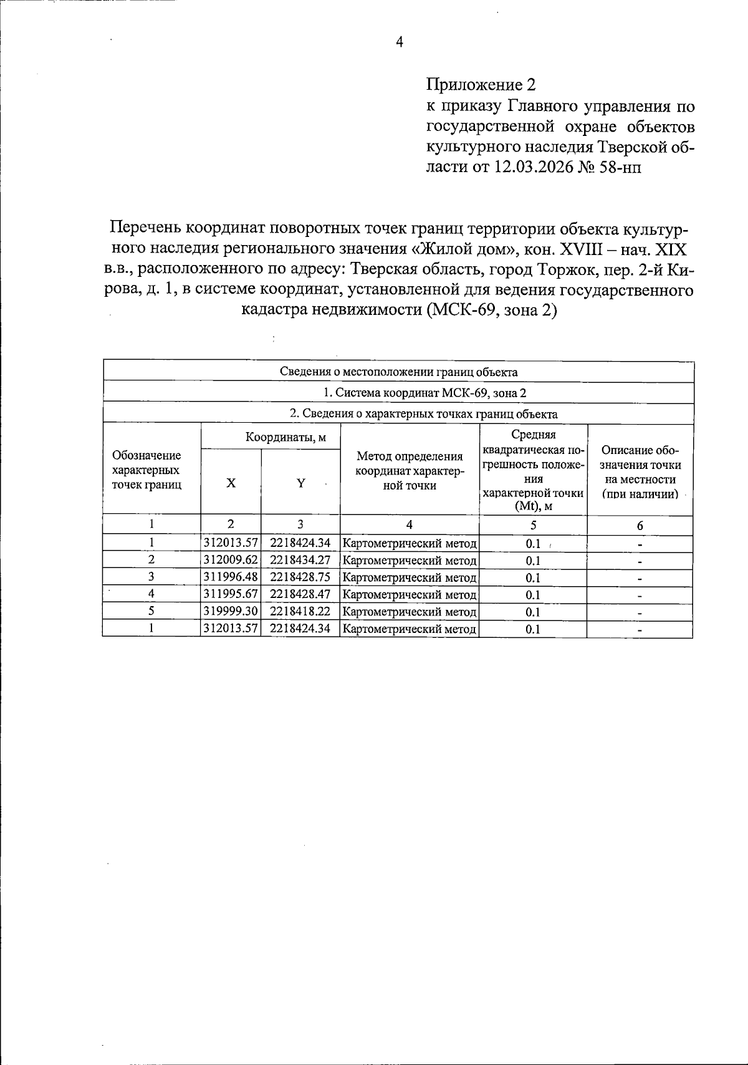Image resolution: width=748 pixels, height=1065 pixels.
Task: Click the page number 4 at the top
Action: click(x=400, y=42)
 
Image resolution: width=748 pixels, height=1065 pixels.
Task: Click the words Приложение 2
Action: click(x=481, y=85)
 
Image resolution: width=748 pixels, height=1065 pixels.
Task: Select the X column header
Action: click(x=231, y=483)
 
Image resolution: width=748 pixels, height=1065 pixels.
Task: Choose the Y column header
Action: click(x=300, y=483)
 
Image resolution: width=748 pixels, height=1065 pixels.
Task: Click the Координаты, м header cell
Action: click(x=285, y=437)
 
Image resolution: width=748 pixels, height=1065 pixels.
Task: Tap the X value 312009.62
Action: click(x=231, y=561)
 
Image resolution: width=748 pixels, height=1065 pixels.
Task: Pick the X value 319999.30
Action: click(x=231, y=612)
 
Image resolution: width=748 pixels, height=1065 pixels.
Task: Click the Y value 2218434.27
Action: click(x=300, y=561)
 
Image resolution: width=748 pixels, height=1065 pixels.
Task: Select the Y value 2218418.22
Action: click(x=300, y=612)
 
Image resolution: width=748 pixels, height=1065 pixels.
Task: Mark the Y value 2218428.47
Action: click(x=300, y=595)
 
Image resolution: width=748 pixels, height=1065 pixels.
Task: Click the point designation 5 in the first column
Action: click(x=151, y=612)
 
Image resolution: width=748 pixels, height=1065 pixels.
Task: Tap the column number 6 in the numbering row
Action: click(x=640, y=526)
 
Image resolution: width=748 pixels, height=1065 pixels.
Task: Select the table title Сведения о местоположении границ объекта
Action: click(x=398, y=372)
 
